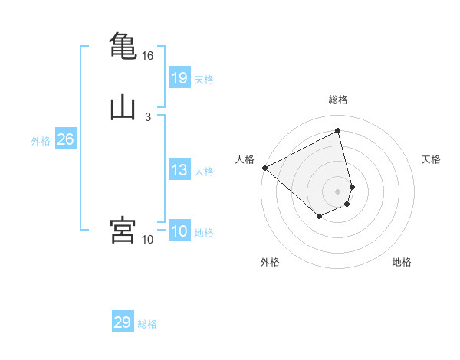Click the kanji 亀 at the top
click(x=123, y=45)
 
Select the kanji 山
click(x=123, y=108)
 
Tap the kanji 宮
click(x=123, y=231)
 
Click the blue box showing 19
click(x=179, y=77)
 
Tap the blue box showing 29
click(x=123, y=322)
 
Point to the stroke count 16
click(x=148, y=56)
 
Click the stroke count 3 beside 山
click(x=147, y=117)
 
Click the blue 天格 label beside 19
click(x=204, y=80)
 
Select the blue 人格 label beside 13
click(x=204, y=172)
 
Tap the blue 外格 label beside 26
click(x=41, y=141)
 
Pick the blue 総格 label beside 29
click(x=147, y=324)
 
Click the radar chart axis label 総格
click(x=338, y=100)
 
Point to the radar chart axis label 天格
click(x=431, y=159)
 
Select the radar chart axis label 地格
click(x=402, y=262)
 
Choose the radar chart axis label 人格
click(x=245, y=159)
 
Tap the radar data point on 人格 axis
click(x=264, y=168)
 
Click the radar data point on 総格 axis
click(x=338, y=131)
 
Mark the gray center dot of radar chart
click(x=337, y=191)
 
